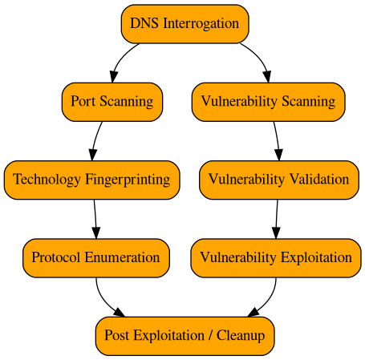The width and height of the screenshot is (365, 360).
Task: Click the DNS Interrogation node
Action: tap(185, 23)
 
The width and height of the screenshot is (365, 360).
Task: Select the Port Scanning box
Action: tap(112, 102)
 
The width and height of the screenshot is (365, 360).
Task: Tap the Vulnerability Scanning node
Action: tap(268, 102)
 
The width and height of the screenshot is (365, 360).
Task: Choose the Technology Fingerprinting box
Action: tap(91, 180)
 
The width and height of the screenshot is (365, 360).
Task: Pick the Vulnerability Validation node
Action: tap(278, 180)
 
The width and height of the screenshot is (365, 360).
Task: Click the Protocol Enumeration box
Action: tap(95, 258)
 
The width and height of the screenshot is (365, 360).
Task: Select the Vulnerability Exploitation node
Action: tap(275, 258)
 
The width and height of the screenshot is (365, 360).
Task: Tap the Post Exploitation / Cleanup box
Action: tap(185, 336)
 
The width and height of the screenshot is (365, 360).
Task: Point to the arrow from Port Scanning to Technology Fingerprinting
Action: tap(96, 140)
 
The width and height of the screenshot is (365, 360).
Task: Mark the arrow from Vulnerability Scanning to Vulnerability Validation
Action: tap(276, 140)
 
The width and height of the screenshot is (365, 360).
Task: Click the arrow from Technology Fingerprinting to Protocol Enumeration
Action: tap(95, 218)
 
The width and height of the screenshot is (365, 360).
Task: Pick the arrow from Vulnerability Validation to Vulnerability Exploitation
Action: tap(277, 218)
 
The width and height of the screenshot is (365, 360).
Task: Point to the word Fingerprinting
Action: tap(129, 180)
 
